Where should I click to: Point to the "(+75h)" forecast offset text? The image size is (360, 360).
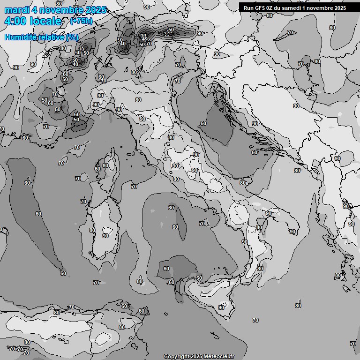(81, 21)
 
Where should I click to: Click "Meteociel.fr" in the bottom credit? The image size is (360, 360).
(219, 356)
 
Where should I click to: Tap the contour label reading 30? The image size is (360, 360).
(144, 36)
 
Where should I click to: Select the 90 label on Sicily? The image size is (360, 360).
(221, 307)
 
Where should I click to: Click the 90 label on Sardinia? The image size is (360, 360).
(105, 236)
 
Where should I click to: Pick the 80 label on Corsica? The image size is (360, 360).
(105, 165)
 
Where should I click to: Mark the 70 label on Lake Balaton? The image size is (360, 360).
(290, 32)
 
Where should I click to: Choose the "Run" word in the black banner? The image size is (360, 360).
(249, 8)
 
